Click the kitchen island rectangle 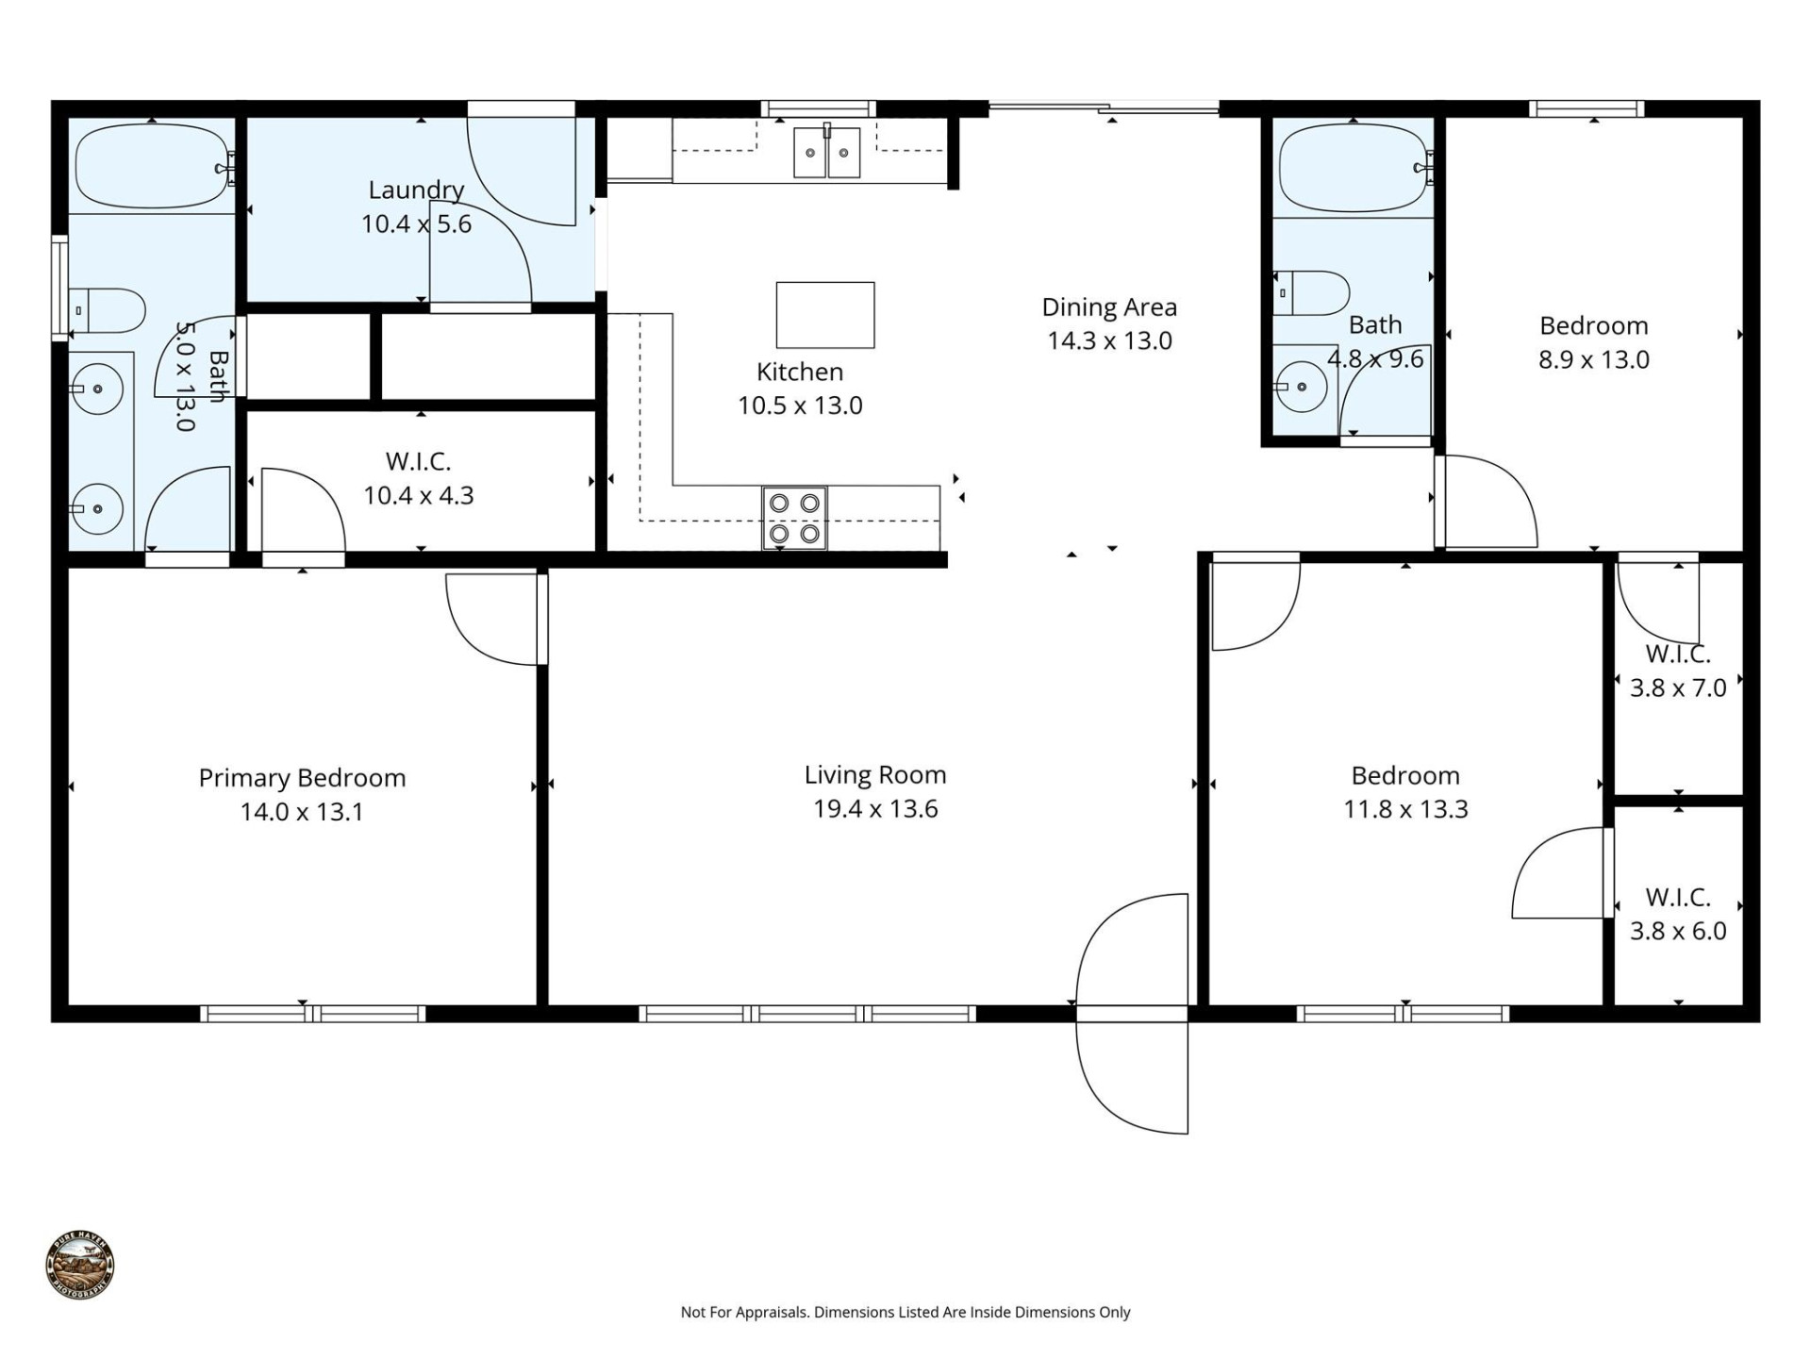[825, 315]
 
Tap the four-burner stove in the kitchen [794, 518]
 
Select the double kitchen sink [827, 152]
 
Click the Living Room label [875, 775]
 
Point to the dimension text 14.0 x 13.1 [302, 812]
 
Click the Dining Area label [1109, 307]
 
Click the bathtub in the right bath [1353, 168]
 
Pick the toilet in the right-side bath [1312, 293]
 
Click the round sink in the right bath [1302, 387]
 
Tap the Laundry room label [416, 190]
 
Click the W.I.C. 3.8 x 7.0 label [1678, 671]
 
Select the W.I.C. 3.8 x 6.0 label [1678, 914]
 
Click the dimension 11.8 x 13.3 [1405, 809]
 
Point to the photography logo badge [80, 1265]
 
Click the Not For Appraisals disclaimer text [905, 1312]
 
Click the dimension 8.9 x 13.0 [1594, 359]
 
